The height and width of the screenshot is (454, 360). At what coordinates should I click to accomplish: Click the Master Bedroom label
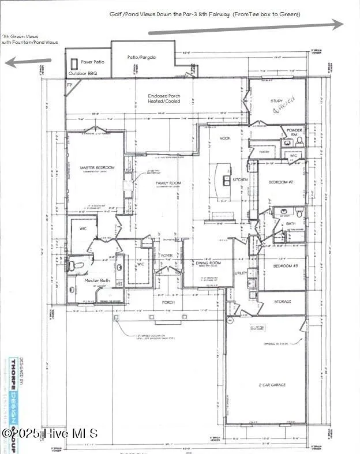coord(97,168)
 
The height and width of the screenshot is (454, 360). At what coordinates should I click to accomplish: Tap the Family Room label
coord(168,183)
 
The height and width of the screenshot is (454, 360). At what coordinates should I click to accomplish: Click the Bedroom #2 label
coord(281,182)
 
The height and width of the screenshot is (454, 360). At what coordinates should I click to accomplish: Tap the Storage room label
coord(282,301)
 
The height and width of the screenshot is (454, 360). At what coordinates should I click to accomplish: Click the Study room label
coord(277,101)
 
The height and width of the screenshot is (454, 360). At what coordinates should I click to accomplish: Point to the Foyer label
coord(167,255)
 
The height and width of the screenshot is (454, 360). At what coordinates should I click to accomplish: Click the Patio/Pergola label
coord(141,58)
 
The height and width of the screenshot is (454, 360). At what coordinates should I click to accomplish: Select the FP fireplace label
coord(70,84)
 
